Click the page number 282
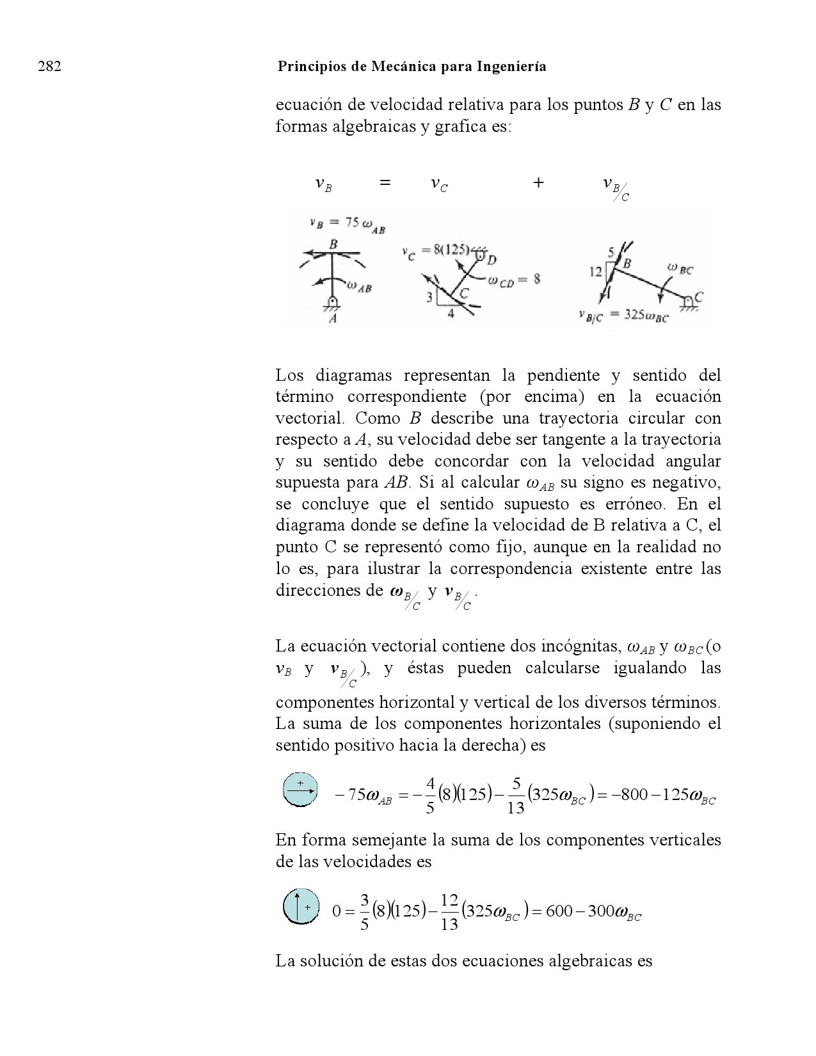(50, 67)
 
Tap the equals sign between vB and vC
(385, 184)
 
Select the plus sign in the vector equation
(538, 184)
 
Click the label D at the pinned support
(492, 259)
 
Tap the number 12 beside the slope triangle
(596, 271)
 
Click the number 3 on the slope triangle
(430, 296)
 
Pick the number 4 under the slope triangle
(451, 314)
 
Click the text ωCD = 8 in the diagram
(514, 280)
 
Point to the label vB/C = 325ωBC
(622, 316)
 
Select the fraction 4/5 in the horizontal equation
(430, 795)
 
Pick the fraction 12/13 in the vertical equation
(449, 911)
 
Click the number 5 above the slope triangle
(611, 252)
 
